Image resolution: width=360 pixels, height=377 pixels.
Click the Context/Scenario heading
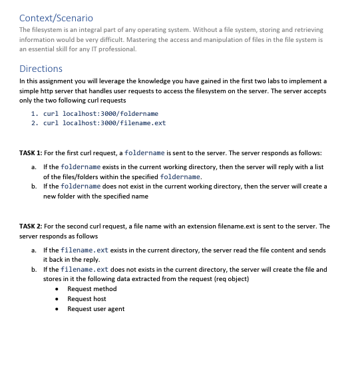tap(56, 17)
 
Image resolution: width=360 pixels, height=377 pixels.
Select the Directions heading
tap(41, 69)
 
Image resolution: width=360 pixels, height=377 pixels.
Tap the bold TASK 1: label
tap(31, 153)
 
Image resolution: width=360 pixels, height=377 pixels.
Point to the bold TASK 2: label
tap(31, 226)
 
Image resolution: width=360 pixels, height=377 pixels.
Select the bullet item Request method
tap(92, 288)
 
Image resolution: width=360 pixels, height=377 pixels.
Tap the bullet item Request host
tap(87, 298)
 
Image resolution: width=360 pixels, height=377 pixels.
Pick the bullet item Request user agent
tap(96, 308)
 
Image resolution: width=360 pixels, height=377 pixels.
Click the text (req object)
tap(230, 278)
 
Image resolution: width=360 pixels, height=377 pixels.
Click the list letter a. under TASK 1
tap(34, 167)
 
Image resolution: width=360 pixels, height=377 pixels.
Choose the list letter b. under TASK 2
tap(34, 269)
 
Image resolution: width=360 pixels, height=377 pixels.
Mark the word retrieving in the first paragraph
tap(307, 30)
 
